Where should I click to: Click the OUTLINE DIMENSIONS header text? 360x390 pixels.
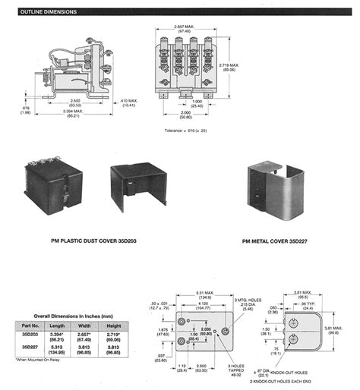coord(48,12)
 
